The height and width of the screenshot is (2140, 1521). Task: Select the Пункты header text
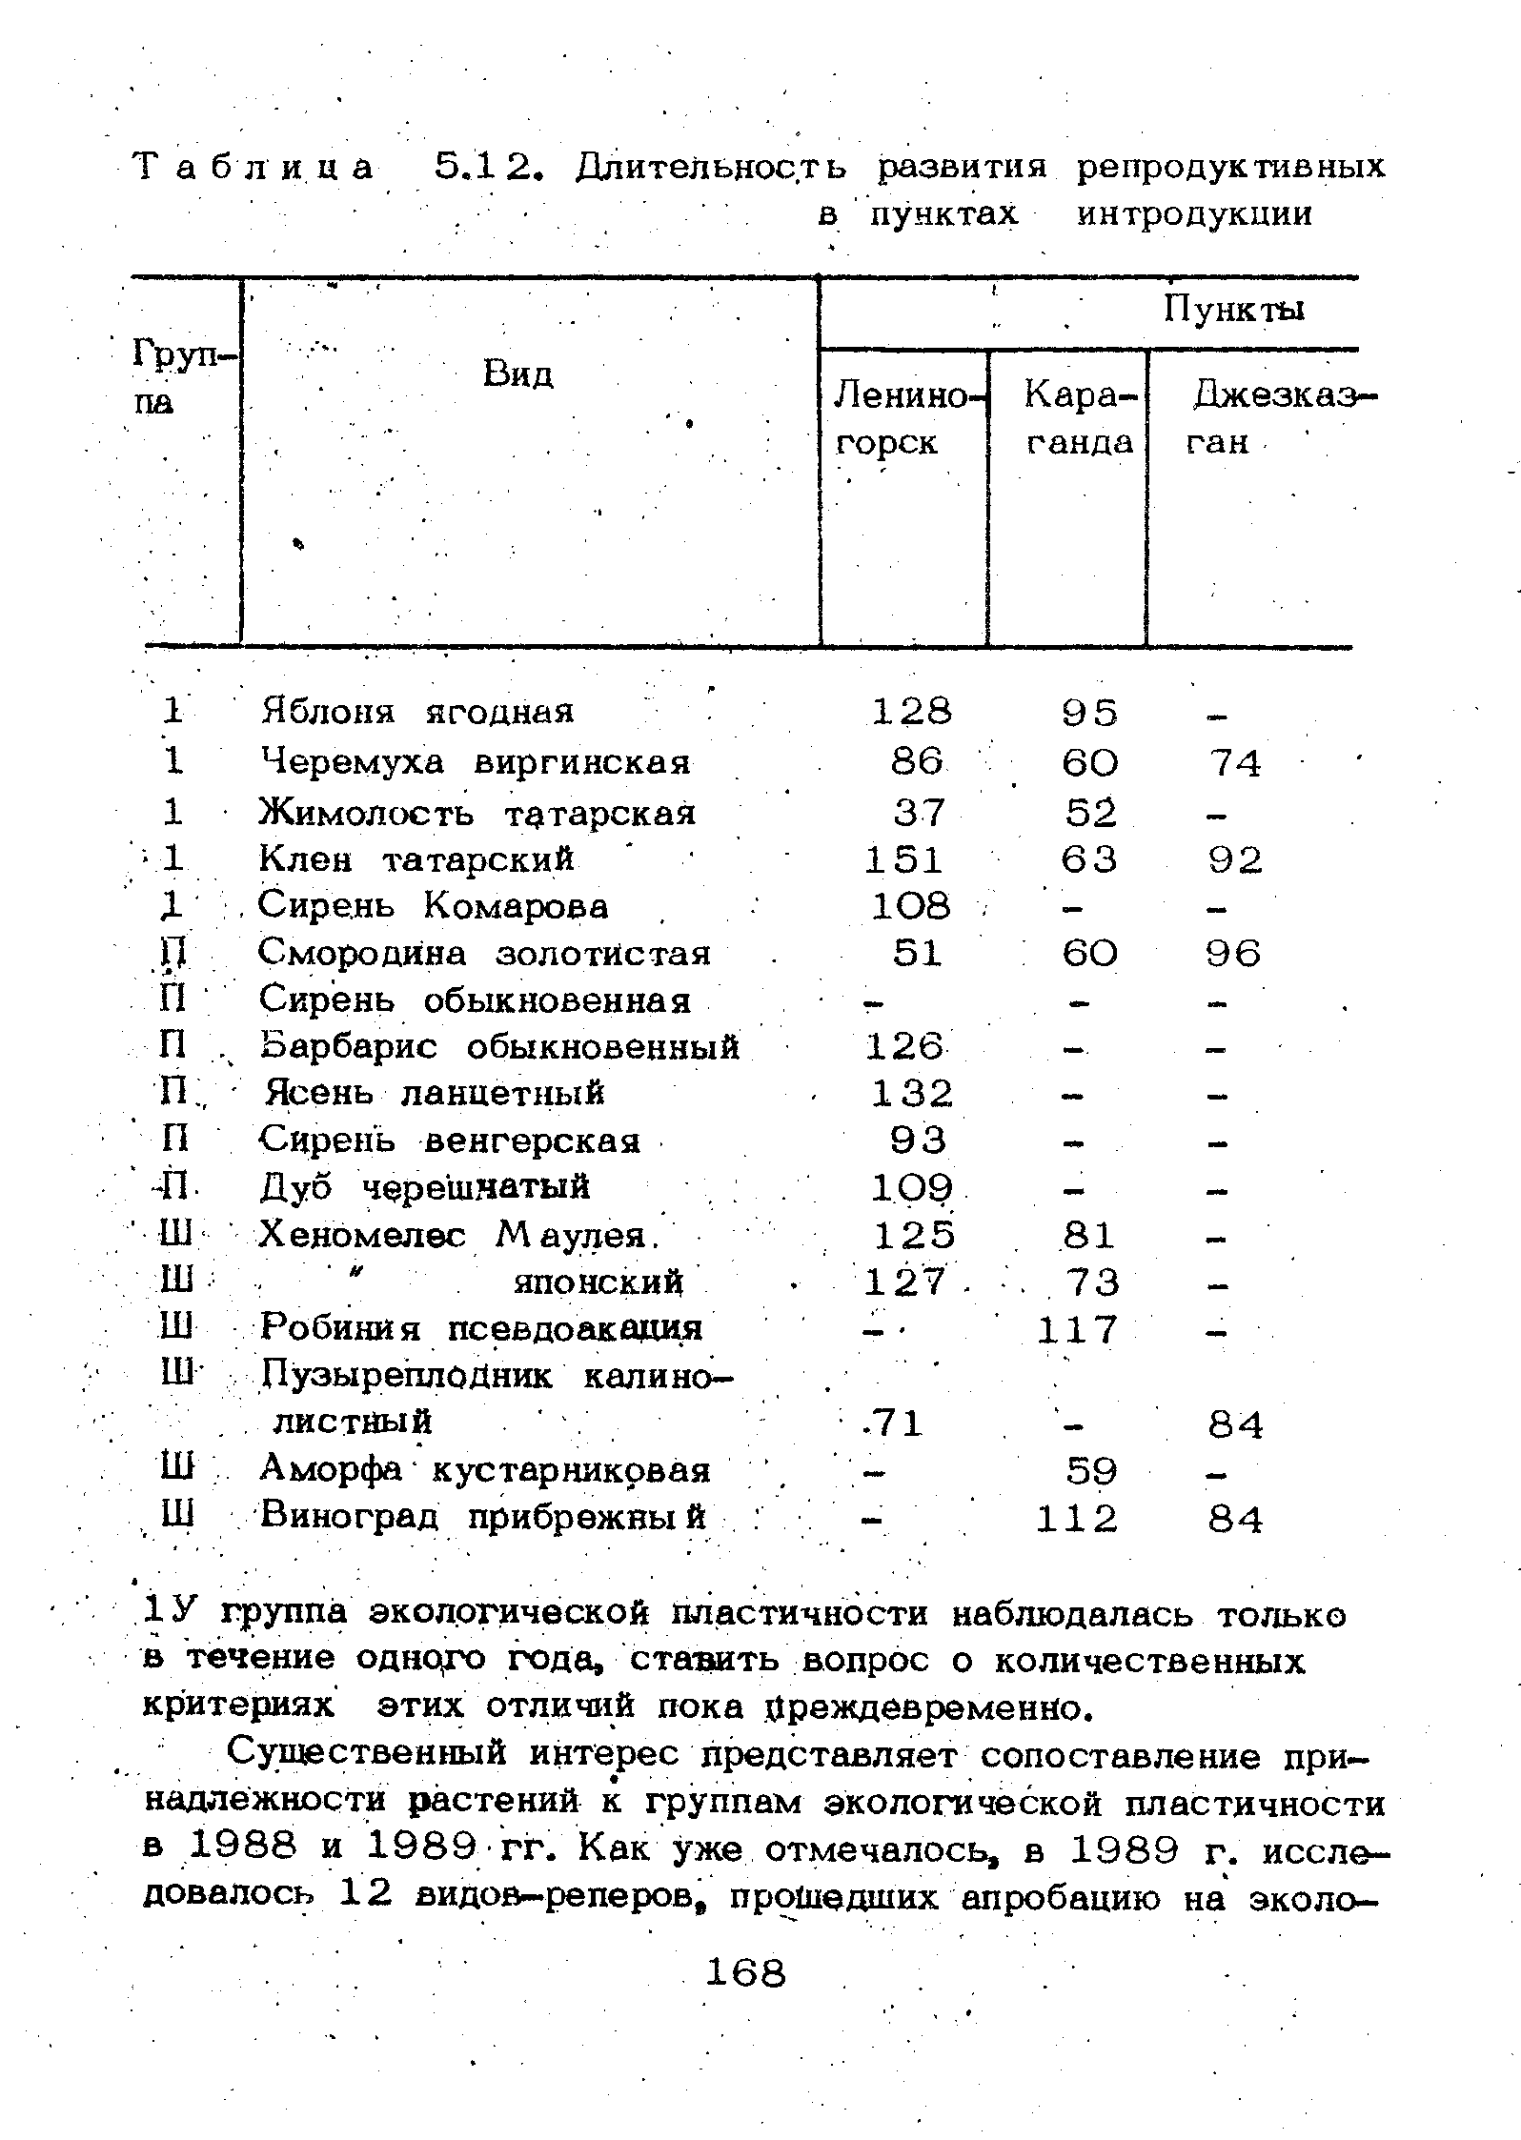click(1233, 310)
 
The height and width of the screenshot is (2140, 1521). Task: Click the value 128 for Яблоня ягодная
click(912, 712)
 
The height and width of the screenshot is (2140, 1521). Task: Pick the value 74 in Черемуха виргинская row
click(1235, 763)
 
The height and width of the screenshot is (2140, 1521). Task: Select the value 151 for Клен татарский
click(904, 860)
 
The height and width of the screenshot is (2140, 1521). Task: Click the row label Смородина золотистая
click(484, 953)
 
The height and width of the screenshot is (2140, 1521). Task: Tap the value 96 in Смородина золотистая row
click(1233, 954)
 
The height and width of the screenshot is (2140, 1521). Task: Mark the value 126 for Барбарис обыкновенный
click(904, 1047)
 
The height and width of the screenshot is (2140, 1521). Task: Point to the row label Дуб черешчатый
click(424, 1187)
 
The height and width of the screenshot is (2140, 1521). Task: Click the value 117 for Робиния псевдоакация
click(1077, 1329)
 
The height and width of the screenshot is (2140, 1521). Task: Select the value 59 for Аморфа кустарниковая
click(1091, 1472)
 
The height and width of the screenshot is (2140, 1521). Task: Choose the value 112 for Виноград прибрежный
click(1077, 1519)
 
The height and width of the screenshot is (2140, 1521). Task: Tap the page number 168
click(746, 1971)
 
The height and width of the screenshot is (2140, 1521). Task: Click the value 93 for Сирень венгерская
click(919, 1141)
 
